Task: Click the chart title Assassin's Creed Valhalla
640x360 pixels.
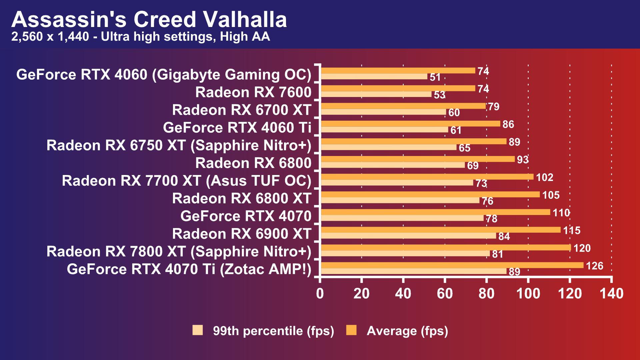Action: coord(149,19)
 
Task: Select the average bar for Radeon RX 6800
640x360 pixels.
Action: coord(417,159)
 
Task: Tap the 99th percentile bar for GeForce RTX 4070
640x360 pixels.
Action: coord(402,218)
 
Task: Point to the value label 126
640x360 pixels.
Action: coord(595,266)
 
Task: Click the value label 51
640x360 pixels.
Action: coord(435,77)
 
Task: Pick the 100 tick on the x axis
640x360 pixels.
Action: coord(528,294)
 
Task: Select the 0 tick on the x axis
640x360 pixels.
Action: coord(320,294)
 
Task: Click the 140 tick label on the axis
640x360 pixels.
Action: coord(611,294)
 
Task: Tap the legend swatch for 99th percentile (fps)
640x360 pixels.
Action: coord(198,330)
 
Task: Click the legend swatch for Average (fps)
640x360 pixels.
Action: coord(351,330)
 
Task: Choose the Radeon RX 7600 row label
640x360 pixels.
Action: coord(253,92)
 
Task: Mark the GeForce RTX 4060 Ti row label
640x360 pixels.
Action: coord(237,128)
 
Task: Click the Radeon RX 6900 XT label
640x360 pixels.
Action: coord(242,234)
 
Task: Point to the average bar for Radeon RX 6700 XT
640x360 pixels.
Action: coord(403,106)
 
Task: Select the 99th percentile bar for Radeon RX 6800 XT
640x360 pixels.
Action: coord(400,200)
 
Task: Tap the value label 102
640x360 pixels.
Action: coord(545,177)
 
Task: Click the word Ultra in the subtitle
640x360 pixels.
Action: coord(116,36)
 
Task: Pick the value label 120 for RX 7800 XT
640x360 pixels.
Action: coord(582,248)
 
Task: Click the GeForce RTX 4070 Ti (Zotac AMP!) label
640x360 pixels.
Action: coord(189,269)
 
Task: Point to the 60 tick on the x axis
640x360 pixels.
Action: coord(445,294)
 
